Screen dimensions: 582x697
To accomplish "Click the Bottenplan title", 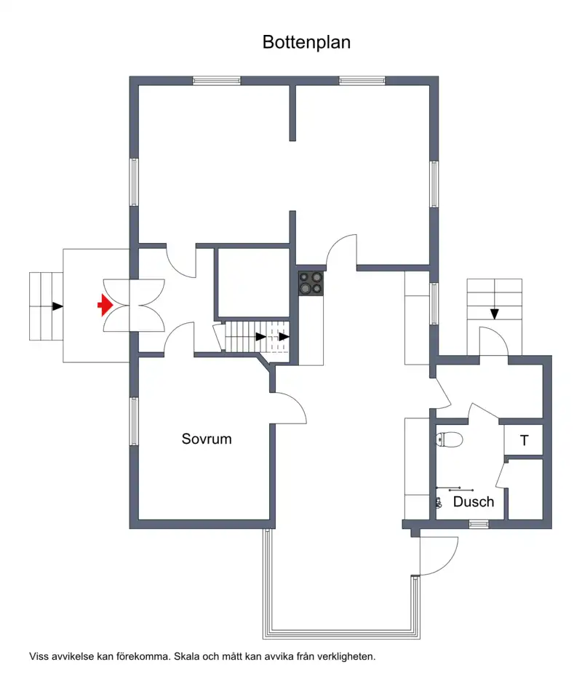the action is (x=306, y=42).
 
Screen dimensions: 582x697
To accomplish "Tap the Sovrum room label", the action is (x=207, y=439).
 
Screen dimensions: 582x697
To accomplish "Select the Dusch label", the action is (x=474, y=501).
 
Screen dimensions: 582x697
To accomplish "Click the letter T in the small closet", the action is (x=525, y=440).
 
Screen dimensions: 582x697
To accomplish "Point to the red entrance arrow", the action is (x=105, y=306).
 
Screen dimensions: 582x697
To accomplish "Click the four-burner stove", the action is (x=311, y=283).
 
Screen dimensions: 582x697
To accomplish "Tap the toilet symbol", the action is (x=450, y=439).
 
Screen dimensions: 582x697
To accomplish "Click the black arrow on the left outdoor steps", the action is (x=57, y=306).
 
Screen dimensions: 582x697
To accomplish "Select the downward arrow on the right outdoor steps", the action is (x=495, y=314).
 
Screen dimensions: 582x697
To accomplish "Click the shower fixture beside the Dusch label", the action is (x=439, y=502).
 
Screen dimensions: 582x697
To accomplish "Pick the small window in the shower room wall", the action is (x=479, y=524).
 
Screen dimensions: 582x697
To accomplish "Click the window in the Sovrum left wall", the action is (x=133, y=421).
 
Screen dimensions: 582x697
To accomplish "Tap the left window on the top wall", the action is (x=217, y=81).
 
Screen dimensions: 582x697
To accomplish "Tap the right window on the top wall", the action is (x=362, y=81).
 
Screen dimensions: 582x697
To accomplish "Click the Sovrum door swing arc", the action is (x=297, y=402).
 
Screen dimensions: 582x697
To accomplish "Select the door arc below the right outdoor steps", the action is (x=497, y=337).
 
